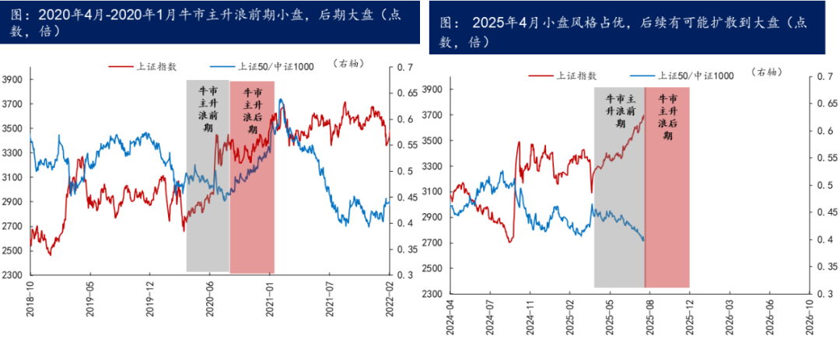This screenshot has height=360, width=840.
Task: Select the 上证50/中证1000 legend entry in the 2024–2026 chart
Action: (x=684, y=75)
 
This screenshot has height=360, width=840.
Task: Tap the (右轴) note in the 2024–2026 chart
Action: (x=768, y=72)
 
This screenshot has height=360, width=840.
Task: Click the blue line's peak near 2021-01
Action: (x=281, y=100)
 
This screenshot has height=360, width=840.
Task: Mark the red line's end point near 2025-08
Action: (x=644, y=116)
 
